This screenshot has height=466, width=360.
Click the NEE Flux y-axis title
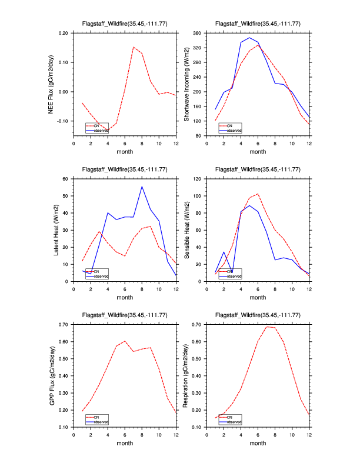click(x=52, y=84)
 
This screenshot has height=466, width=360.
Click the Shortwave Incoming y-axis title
click(x=186, y=84)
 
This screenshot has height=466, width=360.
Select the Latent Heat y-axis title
click(x=56, y=229)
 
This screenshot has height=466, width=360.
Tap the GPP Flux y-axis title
click(x=52, y=375)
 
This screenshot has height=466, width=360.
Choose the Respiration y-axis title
click(x=186, y=375)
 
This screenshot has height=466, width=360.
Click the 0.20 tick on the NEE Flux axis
click(x=63, y=33)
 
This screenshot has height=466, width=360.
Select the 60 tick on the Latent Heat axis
click(x=66, y=178)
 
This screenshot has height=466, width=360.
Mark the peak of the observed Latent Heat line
click(x=142, y=187)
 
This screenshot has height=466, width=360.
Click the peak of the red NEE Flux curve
click(x=134, y=47)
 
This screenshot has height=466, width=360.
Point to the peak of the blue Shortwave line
click(x=249, y=38)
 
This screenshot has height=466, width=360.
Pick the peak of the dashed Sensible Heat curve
click(x=258, y=194)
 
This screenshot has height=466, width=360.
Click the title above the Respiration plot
click(x=258, y=315)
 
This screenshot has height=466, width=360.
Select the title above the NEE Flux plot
click(x=125, y=24)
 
